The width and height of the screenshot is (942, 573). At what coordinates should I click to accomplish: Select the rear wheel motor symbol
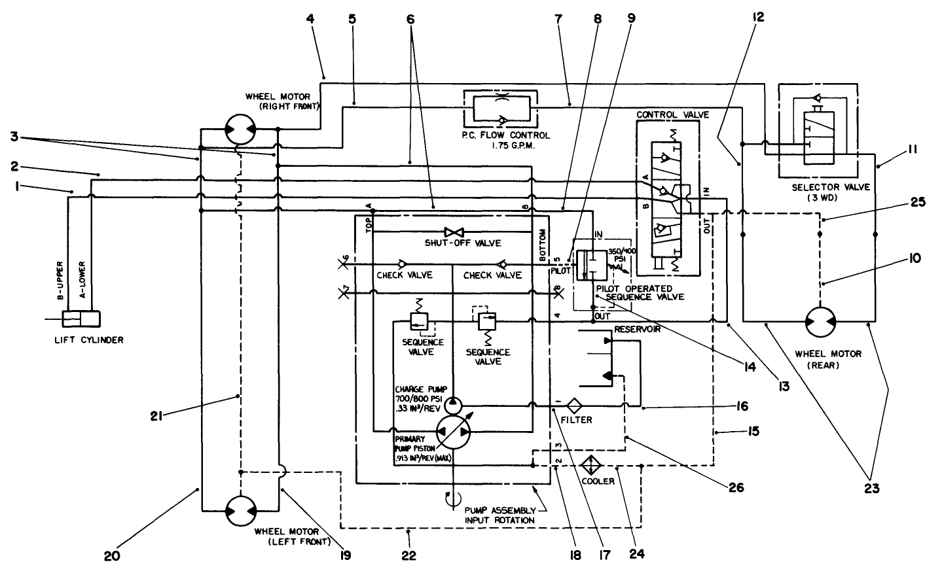pos(820,322)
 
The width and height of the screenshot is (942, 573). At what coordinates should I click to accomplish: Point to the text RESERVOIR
pos(637,330)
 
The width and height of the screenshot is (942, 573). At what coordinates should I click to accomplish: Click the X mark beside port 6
pos(343,264)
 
